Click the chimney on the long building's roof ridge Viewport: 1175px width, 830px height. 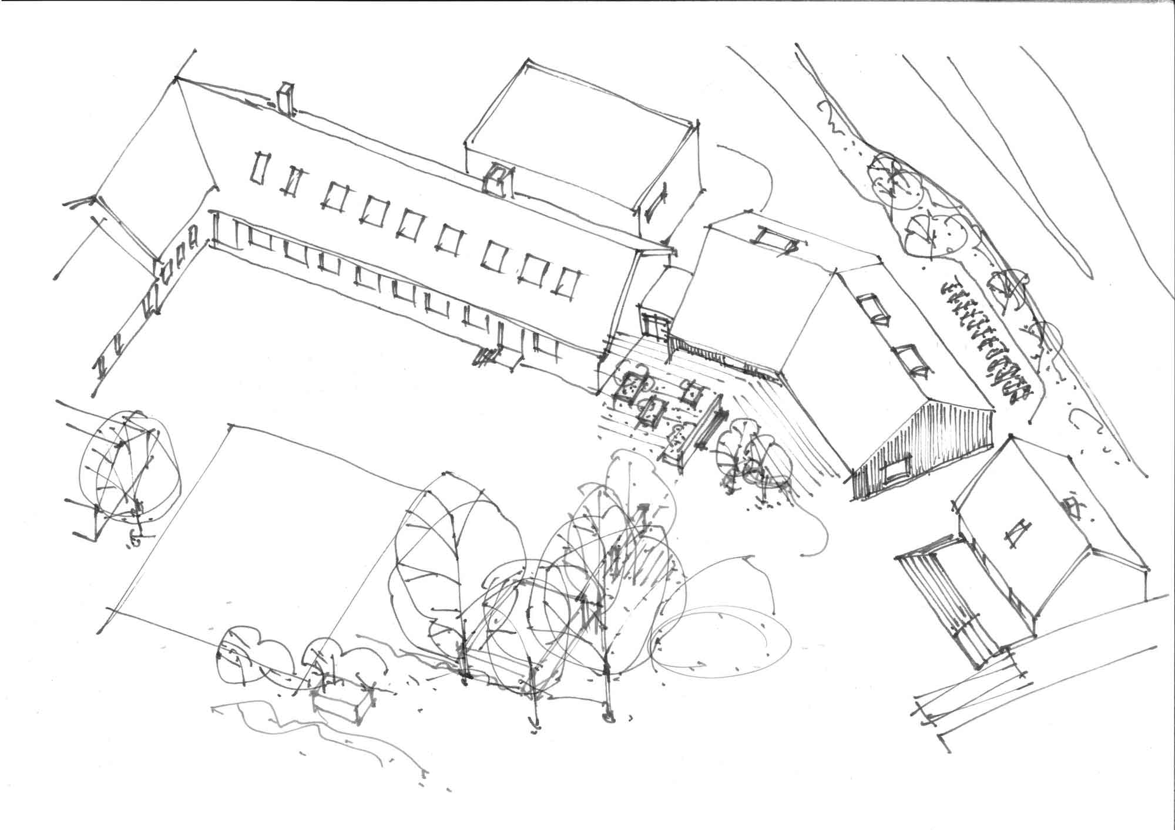[x=286, y=99]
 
